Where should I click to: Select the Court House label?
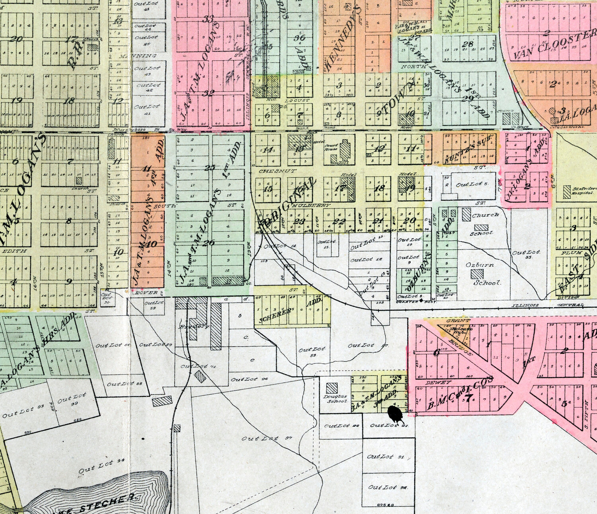coord(332,147)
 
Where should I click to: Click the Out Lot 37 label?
coord(266,438)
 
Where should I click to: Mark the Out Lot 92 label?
coord(382,487)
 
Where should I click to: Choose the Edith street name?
coord(15,251)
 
